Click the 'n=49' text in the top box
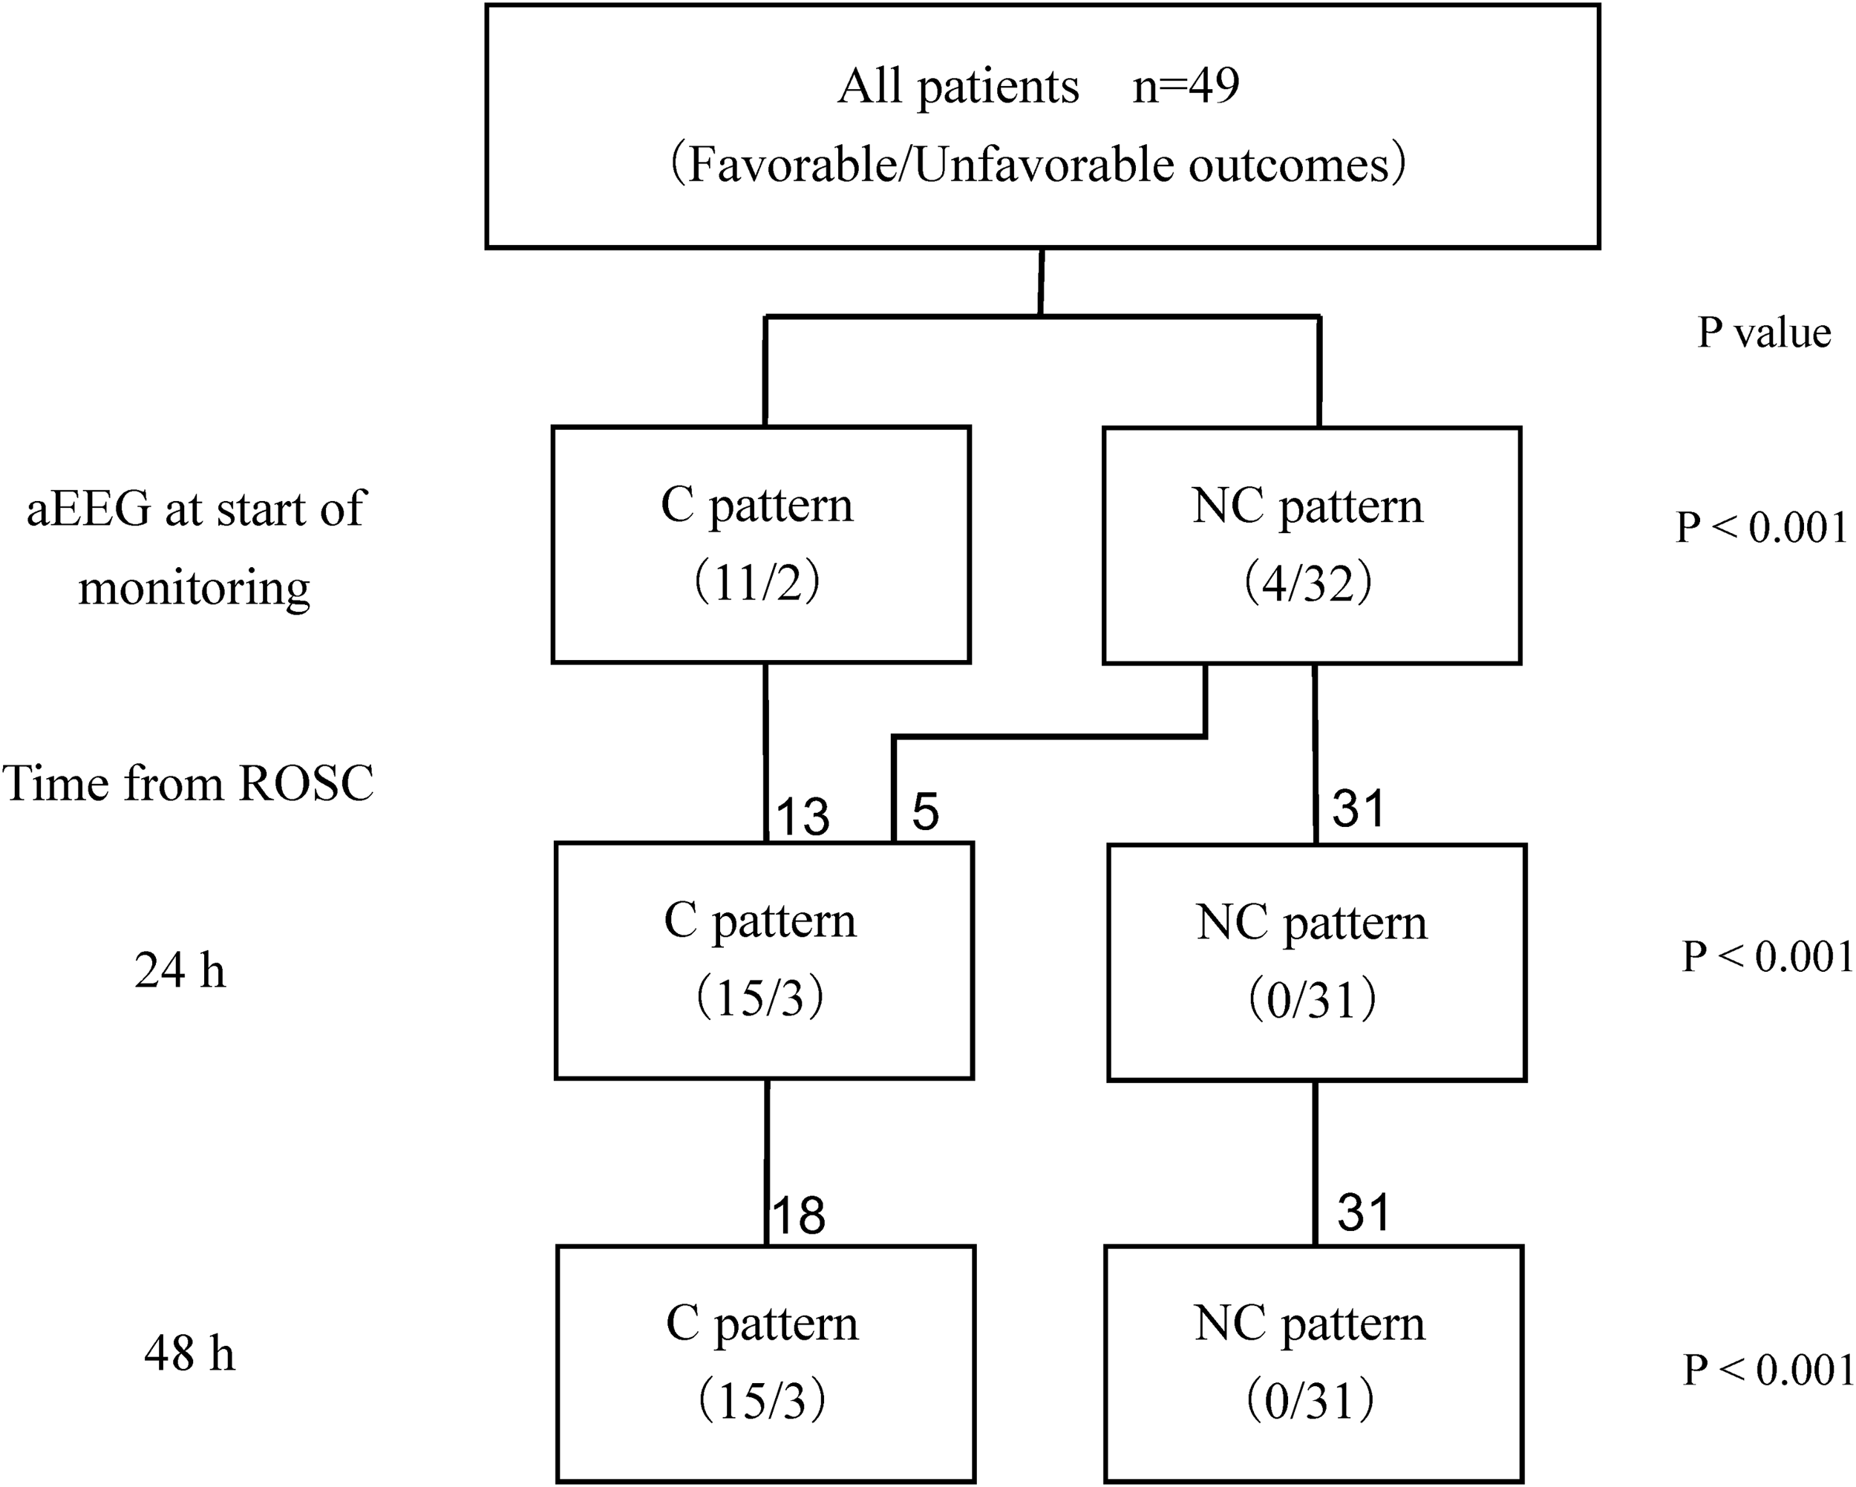pos(1186,87)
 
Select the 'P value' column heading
pos(1764,333)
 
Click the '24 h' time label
pos(180,970)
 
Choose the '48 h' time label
pos(189,1353)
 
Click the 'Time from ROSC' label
pos(188,783)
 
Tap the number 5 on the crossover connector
pos(926,811)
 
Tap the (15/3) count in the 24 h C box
pos(761,999)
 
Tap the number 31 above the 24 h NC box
pos(1359,808)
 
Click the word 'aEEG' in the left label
pos(88,509)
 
